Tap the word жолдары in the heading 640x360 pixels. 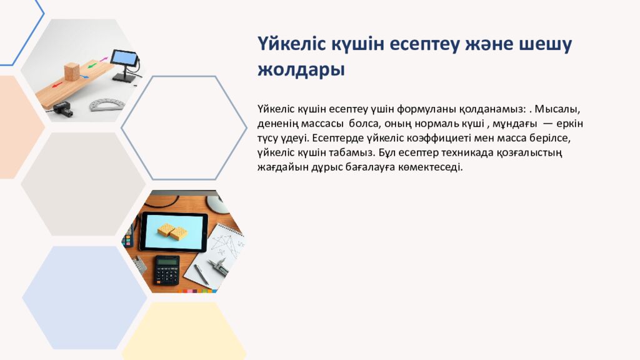tap(301, 69)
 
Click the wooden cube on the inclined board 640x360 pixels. tap(72, 71)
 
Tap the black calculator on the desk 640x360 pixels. tap(167, 269)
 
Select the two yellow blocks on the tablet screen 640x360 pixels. tap(172, 232)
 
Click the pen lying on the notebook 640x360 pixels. tap(201, 274)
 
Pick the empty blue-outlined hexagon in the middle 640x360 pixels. tap(184, 127)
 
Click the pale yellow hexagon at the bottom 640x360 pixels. tap(184, 331)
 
